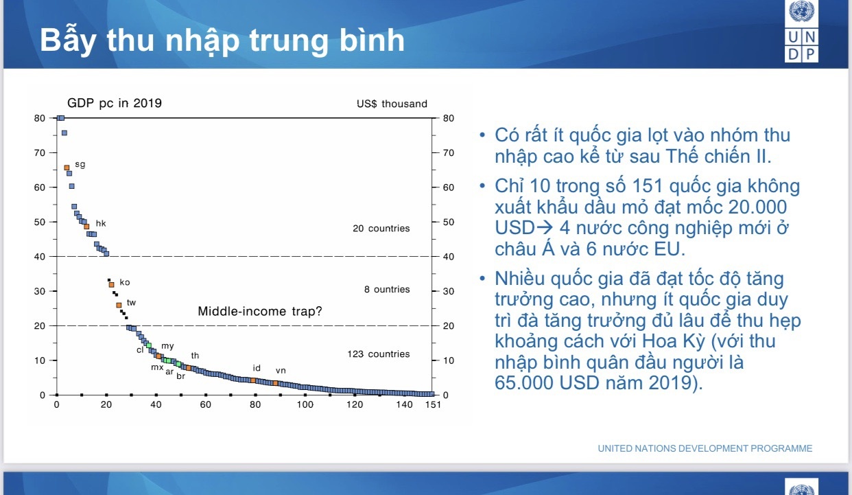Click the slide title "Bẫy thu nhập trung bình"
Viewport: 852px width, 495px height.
click(222, 41)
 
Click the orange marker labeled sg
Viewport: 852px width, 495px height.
click(67, 168)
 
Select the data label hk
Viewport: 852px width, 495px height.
click(101, 223)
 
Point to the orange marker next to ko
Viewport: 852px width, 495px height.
click(111, 284)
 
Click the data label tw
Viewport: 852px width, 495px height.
click(131, 302)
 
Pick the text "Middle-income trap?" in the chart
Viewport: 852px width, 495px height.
click(260, 312)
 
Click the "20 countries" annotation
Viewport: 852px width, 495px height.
click(381, 229)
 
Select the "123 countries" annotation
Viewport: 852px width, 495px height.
click(378, 354)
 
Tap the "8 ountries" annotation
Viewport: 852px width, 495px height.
click(387, 290)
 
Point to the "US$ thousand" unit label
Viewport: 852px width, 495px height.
click(392, 104)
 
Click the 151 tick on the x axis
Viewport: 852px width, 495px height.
click(432, 404)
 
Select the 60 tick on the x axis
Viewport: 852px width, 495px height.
click(205, 404)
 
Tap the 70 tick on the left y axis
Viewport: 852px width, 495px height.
click(40, 152)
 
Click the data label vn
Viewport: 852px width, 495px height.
click(281, 371)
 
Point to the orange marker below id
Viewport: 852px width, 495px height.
click(253, 380)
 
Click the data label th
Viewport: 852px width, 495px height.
click(195, 356)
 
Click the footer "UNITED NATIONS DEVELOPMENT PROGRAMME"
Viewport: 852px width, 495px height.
click(705, 448)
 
